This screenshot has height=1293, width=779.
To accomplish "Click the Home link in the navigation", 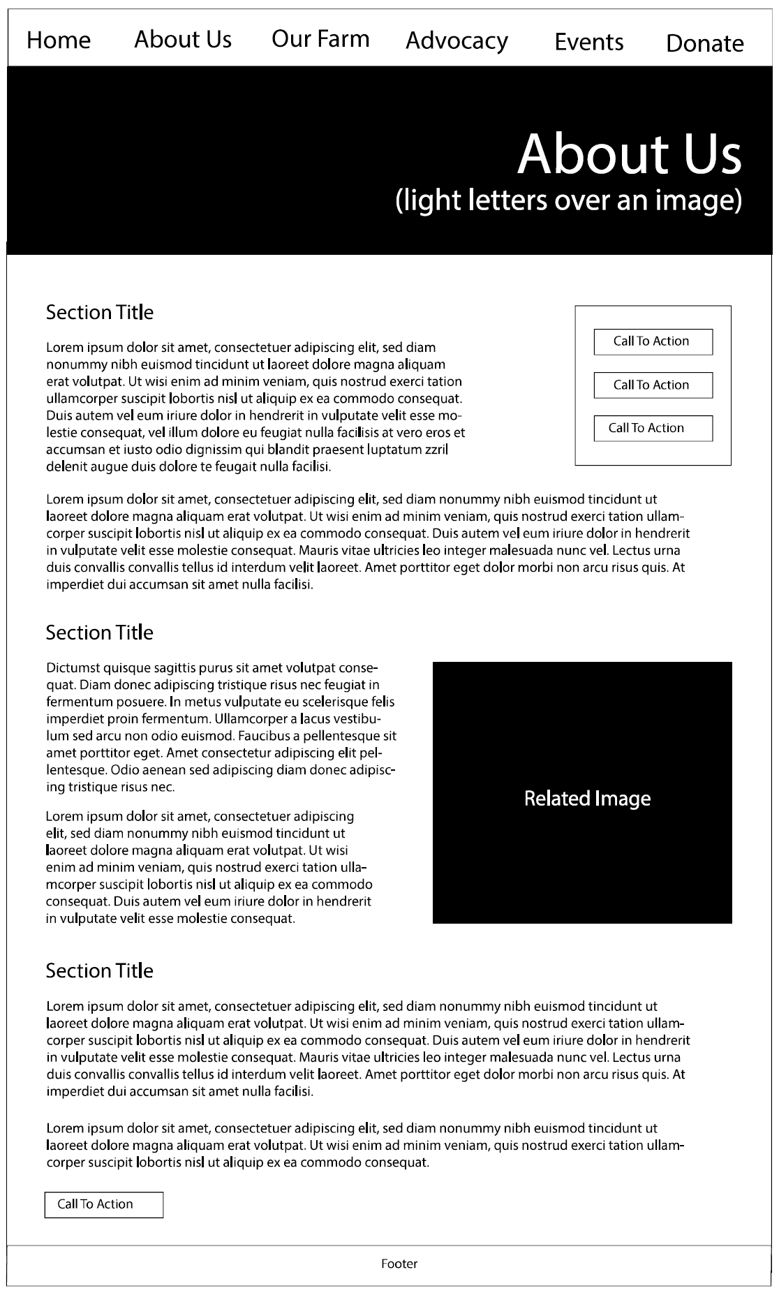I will click(x=59, y=40).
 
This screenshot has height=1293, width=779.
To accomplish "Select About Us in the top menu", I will click(x=183, y=39).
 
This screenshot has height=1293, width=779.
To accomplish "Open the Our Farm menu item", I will click(x=320, y=39).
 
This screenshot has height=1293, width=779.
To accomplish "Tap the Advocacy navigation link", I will click(x=457, y=40).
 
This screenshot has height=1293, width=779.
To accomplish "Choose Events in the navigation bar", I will click(x=588, y=42).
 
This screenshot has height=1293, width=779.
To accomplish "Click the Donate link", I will click(x=704, y=43).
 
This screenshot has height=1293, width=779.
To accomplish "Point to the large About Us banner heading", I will click(x=629, y=154).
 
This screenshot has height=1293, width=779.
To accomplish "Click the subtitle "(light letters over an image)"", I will click(x=568, y=200).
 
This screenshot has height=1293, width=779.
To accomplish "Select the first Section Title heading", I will click(x=100, y=313).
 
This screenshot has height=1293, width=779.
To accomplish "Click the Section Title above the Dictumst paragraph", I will click(x=100, y=633).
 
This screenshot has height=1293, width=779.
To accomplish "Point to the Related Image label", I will click(x=587, y=799).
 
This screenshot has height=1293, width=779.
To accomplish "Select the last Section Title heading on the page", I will click(x=100, y=970).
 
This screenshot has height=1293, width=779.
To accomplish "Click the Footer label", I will click(x=399, y=1264).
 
